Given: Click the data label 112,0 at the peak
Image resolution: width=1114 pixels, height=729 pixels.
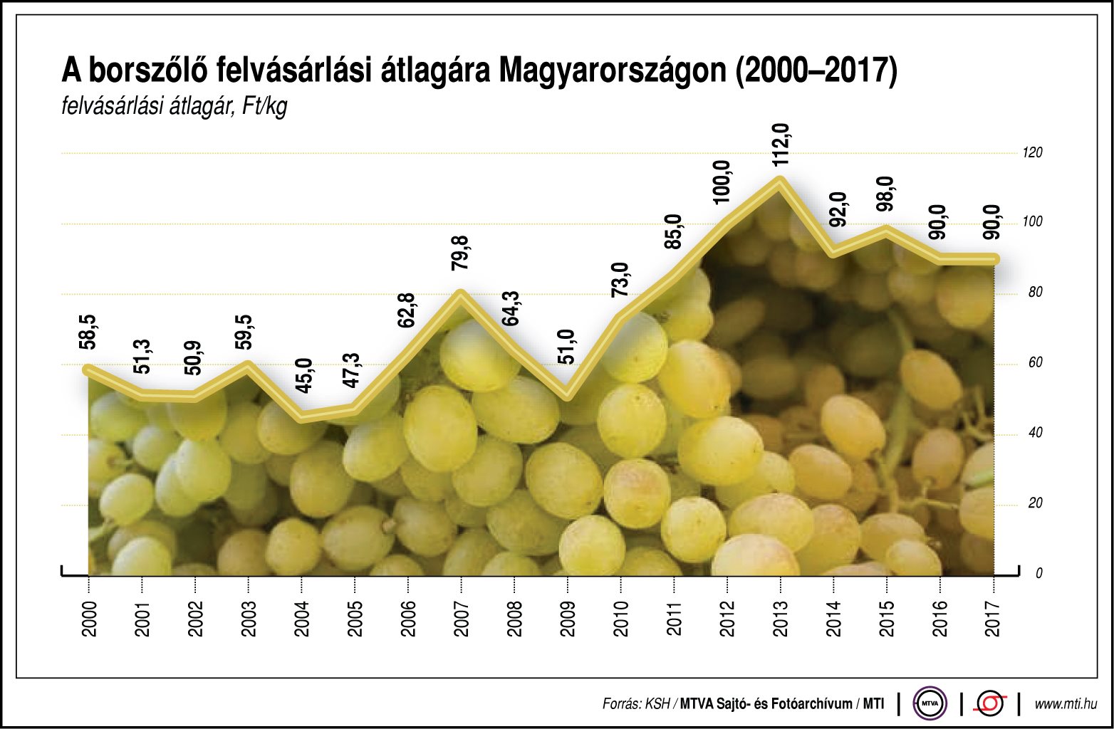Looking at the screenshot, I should point(781,145).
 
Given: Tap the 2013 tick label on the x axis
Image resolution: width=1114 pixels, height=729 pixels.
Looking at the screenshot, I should point(780,618).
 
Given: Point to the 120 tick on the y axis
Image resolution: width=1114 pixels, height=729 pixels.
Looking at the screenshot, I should point(1031,152).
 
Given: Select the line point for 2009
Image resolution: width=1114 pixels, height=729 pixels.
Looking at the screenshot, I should point(568,395).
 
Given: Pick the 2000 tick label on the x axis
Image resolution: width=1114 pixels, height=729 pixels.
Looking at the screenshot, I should point(89,618).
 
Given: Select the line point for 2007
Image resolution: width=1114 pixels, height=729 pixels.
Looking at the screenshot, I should point(461,294).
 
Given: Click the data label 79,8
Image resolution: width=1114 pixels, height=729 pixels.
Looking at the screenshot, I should point(461,253).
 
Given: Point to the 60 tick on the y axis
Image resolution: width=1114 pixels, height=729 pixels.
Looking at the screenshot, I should point(1035,362).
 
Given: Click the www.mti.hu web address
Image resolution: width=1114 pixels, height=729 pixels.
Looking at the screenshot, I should point(1065,703).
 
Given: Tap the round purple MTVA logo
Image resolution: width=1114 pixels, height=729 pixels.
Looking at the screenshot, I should point(930,703).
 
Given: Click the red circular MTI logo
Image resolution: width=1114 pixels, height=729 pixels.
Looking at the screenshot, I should point(990,703).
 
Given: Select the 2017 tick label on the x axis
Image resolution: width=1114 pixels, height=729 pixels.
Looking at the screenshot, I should point(993,618).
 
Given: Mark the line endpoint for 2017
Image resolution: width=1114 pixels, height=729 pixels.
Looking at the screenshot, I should point(994,259).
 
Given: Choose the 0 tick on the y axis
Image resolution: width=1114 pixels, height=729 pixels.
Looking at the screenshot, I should point(1038,573).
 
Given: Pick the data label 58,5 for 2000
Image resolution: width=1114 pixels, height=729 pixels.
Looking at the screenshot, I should point(89,332).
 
